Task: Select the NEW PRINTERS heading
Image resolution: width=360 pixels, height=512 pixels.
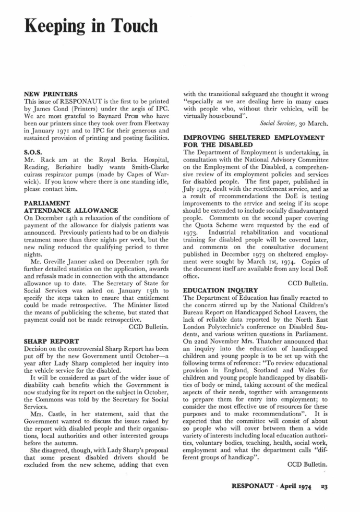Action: tap(51, 94)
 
